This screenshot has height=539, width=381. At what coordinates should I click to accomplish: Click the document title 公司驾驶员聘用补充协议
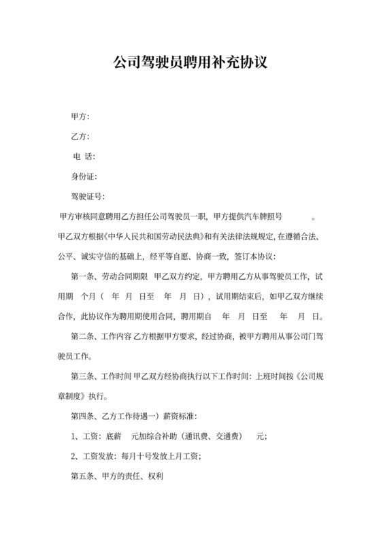click(190, 63)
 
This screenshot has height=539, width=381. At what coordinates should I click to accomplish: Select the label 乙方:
click(80, 137)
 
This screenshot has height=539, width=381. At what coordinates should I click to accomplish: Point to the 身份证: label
click(85, 177)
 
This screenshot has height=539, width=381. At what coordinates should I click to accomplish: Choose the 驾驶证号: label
click(88, 197)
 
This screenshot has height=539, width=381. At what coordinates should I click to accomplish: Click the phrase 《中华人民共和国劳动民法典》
click(150, 237)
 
